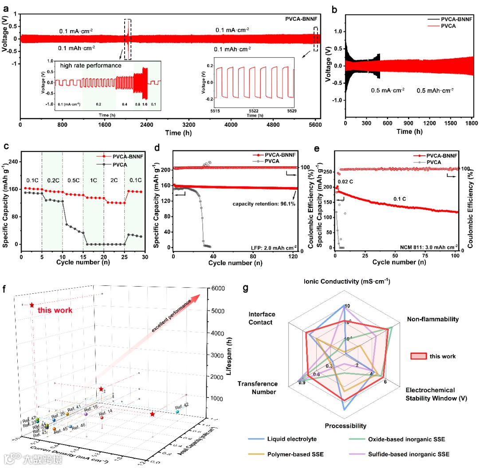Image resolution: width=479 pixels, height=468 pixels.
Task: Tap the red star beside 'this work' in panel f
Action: coord(31,305)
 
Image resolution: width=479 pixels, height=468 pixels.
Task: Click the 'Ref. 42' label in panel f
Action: coord(181,406)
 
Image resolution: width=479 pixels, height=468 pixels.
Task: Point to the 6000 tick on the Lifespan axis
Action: coord(219,289)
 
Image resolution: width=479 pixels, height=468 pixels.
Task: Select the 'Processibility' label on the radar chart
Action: coord(346,426)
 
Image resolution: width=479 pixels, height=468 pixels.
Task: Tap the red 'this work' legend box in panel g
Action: coord(419,356)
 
